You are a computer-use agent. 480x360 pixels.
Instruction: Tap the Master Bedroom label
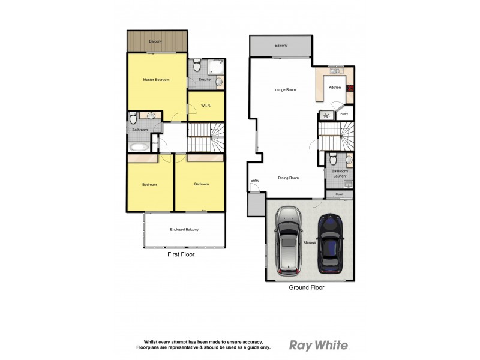[x=156, y=80]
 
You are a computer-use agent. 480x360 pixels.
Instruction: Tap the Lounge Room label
[x=284, y=90]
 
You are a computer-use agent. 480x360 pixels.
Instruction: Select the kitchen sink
[x=335, y=71]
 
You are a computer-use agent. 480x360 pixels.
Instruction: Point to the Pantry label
[x=344, y=113]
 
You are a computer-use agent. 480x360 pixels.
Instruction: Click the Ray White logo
[x=318, y=345]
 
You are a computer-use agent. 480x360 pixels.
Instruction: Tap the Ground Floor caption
[x=306, y=288]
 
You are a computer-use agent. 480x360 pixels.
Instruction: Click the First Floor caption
[x=181, y=254]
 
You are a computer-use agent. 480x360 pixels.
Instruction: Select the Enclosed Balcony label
[x=184, y=230]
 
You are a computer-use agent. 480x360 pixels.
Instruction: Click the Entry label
[x=255, y=181]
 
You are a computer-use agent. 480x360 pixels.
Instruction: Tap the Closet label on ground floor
[x=339, y=194]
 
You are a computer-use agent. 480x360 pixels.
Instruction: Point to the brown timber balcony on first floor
[x=157, y=41]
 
